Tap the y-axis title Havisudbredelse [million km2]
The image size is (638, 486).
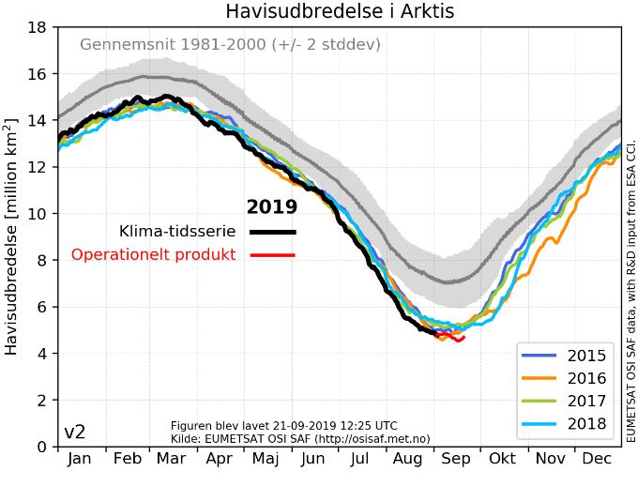pyautogui.click(x=12, y=236)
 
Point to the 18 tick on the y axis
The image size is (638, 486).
pyautogui.click(x=37, y=27)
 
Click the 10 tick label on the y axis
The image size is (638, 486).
pyautogui.click(x=37, y=214)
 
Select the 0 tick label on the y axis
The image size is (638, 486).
pyautogui.click(x=41, y=447)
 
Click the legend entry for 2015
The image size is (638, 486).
pyautogui.click(x=586, y=356)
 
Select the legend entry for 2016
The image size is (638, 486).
pyautogui.click(x=586, y=379)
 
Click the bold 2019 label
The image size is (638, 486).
pyautogui.click(x=271, y=207)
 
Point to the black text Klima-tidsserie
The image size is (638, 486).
pyautogui.click(x=177, y=232)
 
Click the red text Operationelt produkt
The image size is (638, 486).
pyautogui.click(x=153, y=255)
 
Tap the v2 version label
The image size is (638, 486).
pyautogui.click(x=75, y=433)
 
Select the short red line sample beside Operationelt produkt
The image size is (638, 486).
pyautogui.click(x=272, y=255)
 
